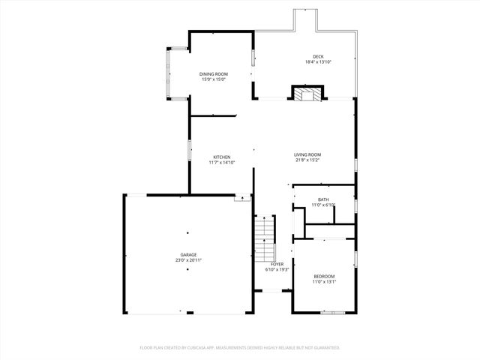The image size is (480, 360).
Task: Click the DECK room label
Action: pyautogui.click(x=318, y=56)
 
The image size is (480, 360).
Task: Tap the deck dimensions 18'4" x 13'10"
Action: pyautogui.click(x=318, y=61)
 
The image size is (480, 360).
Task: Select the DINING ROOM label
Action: pyautogui.click(x=214, y=73)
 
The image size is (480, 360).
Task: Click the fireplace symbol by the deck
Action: pyautogui.click(x=306, y=94)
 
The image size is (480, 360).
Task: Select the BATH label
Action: pyautogui.click(x=323, y=199)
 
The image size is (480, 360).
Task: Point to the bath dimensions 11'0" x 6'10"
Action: pyautogui.click(x=323, y=205)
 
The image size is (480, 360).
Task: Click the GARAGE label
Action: pyautogui.click(x=188, y=255)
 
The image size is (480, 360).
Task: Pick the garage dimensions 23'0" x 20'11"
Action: pyautogui.click(x=188, y=260)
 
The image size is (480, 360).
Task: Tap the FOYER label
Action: pyautogui.click(x=277, y=264)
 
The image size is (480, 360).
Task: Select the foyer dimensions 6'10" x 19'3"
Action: pyautogui.click(x=277, y=269)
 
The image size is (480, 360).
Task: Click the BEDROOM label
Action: pyautogui.click(x=324, y=276)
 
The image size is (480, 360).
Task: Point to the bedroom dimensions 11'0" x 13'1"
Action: pyautogui.click(x=324, y=281)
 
